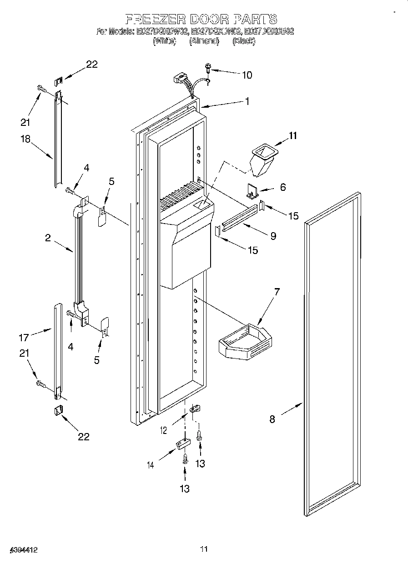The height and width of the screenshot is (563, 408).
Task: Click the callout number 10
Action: click(247, 75)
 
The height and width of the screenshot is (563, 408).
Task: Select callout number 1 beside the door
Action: click(247, 102)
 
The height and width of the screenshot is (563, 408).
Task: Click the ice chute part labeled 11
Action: click(262, 161)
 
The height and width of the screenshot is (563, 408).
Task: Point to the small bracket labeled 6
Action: click(253, 190)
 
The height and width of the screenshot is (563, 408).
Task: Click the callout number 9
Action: click(272, 236)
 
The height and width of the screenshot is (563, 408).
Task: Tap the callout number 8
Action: click(272, 419)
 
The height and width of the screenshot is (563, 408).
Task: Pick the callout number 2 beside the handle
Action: click(48, 238)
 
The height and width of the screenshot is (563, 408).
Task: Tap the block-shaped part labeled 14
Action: click(182, 443)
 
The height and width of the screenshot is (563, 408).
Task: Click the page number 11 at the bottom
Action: click(204, 549)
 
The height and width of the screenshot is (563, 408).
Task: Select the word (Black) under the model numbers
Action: click(244, 41)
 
